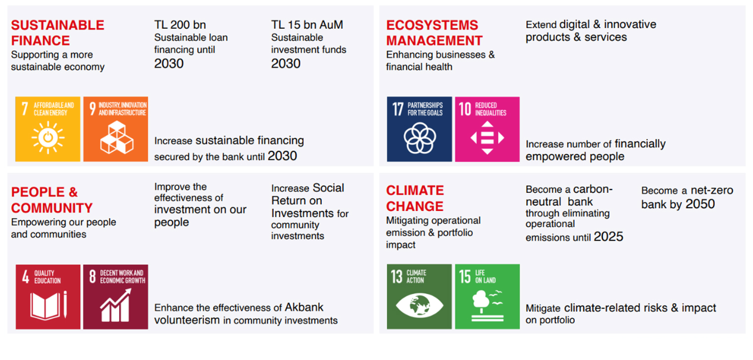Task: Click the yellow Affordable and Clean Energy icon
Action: pyautogui.click(x=48, y=129)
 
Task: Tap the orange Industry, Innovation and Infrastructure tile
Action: pyautogui.click(x=116, y=129)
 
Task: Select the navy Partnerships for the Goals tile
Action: pyautogui.click(x=419, y=130)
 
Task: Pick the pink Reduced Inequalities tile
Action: pyautogui.click(x=487, y=130)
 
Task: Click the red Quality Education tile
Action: pyautogui.click(x=48, y=297)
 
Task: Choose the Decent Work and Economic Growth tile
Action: pyautogui.click(x=116, y=297)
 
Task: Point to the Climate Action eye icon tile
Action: pyautogui.click(x=419, y=297)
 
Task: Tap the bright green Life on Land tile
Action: pyautogui.click(x=487, y=297)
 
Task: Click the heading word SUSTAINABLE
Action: pyautogui.click(x=57, y=25)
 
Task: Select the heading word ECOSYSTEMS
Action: pyautogui.click(x=432, y=25)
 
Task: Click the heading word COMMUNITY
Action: pyautogui.click(x=52, y=208)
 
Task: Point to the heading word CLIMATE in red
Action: pyautogui.click(x=415, y=191)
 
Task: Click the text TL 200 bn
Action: pyautogui.click(x=180, y=25)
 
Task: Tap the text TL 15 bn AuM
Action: pyautogui.click(x=307, y=25)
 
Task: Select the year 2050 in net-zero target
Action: pyautogui.click(x=700, y=204)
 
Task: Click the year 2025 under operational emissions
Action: pyautogui.click(x=609, y=237)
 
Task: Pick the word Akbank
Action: pyautogui.click(x=304, y=307)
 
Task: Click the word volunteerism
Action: pyautogui.click(x=187, y=320)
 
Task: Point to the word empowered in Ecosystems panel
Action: pyautogui.click(x=548, y=157)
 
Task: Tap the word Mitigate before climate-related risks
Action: pyautogui.click(x=543, y=308)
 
